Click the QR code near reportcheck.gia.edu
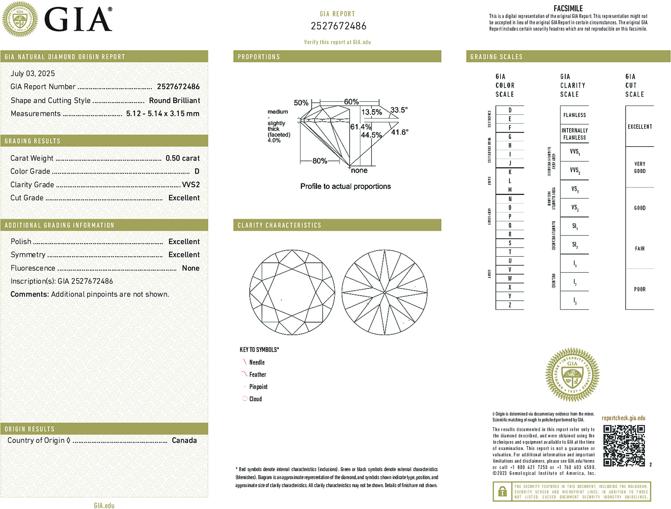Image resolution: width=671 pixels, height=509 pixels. click(624, 446)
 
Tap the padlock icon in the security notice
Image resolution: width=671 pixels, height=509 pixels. click(502, 491)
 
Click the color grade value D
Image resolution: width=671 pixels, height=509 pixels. click(197, 171)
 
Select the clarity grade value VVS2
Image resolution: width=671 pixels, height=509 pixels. click(191, 185)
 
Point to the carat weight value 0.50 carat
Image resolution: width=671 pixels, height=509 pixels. click(182, 158)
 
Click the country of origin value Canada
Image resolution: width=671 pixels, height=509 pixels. click(184, 440)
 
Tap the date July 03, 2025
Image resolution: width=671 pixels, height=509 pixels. click(33, 73)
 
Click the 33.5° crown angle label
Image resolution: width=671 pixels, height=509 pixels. click(399, 110)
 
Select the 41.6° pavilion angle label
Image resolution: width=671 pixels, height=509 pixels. click(399, 132)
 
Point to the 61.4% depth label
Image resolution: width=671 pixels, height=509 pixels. click(360, 127)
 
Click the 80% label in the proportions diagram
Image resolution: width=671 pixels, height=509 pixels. click(320, 161)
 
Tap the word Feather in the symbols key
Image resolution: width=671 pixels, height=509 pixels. click(258, 374)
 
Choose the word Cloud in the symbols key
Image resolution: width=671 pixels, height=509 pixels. click(255, 399)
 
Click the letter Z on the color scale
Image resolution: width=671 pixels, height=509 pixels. click(510, 305)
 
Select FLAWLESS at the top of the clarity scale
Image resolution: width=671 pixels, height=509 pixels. click(574, 115)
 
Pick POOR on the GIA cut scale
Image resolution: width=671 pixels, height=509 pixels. click(639, 289)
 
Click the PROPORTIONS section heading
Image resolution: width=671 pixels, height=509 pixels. click(259, 57)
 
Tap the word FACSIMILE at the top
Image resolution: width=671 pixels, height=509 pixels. click(568, 8)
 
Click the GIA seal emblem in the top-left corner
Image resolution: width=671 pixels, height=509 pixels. click(20, 19)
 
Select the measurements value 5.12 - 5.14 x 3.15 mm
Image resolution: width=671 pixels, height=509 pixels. click(163, 114)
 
